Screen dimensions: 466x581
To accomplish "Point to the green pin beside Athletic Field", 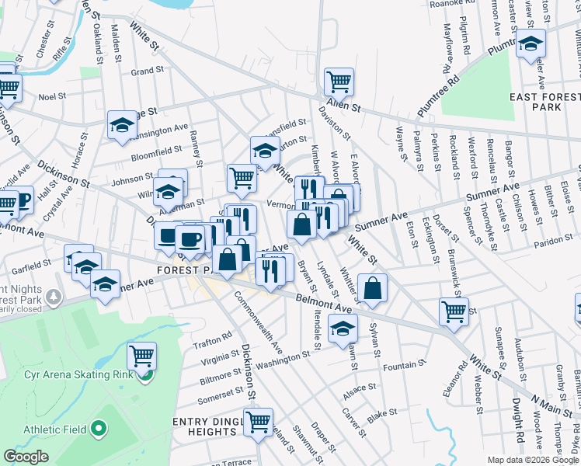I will click(x=98, y=429).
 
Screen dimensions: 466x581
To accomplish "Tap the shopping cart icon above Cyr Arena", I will click(x=141, y=356).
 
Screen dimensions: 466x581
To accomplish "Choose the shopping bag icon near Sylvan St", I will click(x=373, y=287).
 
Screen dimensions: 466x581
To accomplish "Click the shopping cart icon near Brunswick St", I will click(x=454, y=311).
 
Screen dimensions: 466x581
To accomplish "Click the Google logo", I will click(x=26, y=457).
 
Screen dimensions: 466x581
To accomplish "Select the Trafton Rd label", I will click(x=217, y=336).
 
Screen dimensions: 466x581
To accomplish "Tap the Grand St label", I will click(x=147, y=71).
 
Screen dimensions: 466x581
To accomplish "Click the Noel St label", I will click(x=53, y=97).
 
